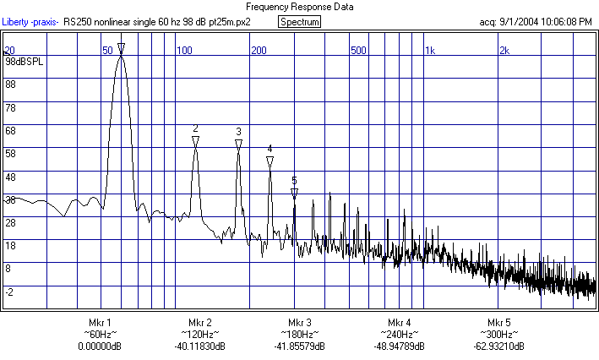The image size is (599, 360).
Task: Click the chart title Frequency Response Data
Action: (x=299, y=7)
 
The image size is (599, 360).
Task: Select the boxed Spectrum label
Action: (x=299, y=21)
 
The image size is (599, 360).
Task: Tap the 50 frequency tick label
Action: (x=108, y=51)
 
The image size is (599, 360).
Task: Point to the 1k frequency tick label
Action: (x=429, y=51)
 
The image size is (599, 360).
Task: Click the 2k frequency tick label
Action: (x=504, y=51)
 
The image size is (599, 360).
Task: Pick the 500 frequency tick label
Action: (x=359, y=51)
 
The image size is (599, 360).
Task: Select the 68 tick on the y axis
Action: (x=11, y=130)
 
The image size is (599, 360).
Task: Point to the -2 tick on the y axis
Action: (x=9, y=292)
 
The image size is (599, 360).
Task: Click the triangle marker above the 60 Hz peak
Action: (x=121, y=48)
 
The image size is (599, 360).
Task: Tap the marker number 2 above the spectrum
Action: (x=195, y=128)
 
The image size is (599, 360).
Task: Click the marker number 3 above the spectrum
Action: (x=238, y=131)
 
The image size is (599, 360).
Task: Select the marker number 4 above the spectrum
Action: (x=270, y=149)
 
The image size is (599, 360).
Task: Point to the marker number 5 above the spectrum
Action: (x=294, y=180)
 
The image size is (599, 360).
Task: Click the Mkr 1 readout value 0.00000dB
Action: (x=100, y=346)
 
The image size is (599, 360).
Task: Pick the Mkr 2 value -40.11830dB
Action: (x=199, y=346)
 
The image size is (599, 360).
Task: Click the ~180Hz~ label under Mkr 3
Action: (x=299, y=335)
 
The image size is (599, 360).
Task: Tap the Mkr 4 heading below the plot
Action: (x=400, y=324)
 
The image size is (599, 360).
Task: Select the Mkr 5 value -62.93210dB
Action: (x=499, y=346)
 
